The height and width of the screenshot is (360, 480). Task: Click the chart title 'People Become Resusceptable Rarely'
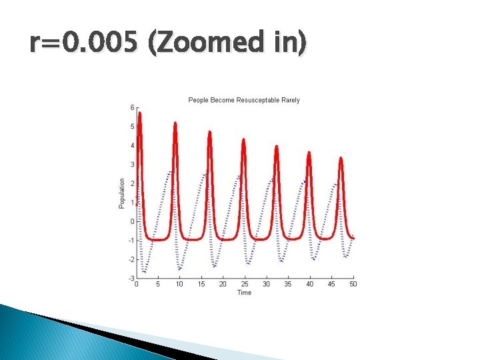[x=244, y=100]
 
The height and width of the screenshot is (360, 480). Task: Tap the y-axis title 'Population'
[x=122, y=193]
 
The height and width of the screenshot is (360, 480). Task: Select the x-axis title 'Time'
[x=244, y=293]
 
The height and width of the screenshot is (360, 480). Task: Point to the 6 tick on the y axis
[x=132, y=107]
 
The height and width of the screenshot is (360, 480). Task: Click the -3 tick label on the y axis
[x=131, y=278]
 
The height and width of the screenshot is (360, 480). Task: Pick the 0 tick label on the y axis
[x=132, y=221]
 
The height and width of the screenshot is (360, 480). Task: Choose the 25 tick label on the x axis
[x=245, y=285]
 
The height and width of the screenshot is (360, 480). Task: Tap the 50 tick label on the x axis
[x=353, y=285]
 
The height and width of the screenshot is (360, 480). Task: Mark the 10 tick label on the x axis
[x=179, y=285]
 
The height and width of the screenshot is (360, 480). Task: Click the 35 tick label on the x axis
[x=288, y=285]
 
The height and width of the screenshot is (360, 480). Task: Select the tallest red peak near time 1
[x=140, y=113]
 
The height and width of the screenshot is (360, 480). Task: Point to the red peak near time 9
[x=175, y=123]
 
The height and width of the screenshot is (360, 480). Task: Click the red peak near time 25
[x=243, y=139]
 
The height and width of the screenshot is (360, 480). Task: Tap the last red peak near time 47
[x=341, y=158]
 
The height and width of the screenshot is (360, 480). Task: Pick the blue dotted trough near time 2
[x=145, y=271]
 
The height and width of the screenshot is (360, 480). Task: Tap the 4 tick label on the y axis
[x=132, y=145]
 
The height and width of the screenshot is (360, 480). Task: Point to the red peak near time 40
[x=309, y=153]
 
